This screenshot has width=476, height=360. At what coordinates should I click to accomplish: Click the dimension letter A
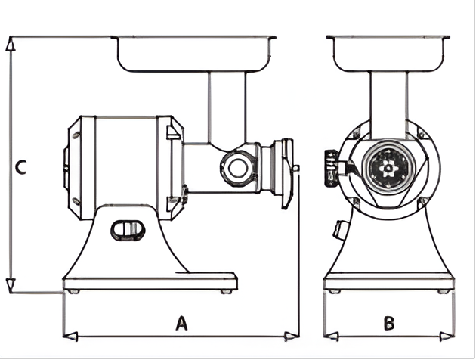(x=181, y=324)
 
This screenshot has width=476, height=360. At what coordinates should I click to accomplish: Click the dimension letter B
(x=389, y=324)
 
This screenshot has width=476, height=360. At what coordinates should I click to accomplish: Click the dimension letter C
(x=21, y=167)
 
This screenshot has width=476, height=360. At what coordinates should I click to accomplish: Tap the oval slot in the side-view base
(x=126, y=228)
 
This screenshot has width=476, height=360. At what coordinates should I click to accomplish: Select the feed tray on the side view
(x=193, y=51)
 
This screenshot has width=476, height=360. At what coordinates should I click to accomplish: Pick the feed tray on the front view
(x=388, y=51)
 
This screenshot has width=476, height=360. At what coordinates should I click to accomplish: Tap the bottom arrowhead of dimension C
(x=10, y=286)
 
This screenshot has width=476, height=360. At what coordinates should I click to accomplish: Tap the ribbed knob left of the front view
(x=330, y=166)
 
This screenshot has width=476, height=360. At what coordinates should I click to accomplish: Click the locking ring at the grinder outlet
(x=286, y=172)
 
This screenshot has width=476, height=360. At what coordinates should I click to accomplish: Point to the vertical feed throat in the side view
(x=227, y=106)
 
